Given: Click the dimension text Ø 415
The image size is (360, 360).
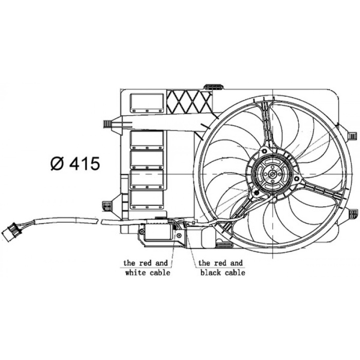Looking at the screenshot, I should [x=75, y=164].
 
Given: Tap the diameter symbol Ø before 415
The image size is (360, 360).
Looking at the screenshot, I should [x=57, y=164].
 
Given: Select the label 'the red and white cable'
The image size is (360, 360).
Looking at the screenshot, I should [x=147, y=267].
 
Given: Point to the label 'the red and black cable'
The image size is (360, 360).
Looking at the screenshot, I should [x=222, y=267].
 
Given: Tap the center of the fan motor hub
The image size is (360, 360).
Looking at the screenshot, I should [x=271, y=174].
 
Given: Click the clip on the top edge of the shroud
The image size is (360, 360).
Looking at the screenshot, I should [x=213, y=86].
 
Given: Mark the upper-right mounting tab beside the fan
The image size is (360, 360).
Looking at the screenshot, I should [x=352, y=135].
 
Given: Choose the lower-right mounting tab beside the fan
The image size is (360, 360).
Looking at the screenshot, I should [x=353, y=213].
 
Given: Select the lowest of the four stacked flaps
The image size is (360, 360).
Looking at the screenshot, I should [x=147, y=201].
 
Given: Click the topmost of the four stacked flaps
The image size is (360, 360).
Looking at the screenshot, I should [x=147, y=140].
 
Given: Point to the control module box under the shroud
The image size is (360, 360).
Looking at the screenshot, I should [x=160, y=231].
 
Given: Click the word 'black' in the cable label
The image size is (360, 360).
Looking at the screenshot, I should [x=211, y=273].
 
